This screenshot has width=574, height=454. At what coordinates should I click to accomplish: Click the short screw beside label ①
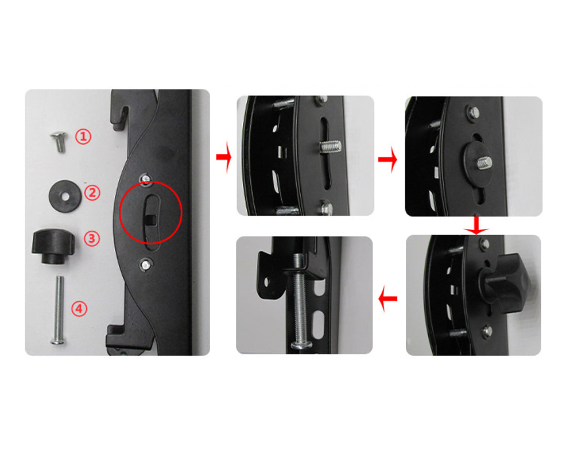tap(59, 142)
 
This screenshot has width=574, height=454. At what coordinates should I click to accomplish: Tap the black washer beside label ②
tap(64, 195)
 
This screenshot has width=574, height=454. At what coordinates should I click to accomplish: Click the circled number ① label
tap(83, 137)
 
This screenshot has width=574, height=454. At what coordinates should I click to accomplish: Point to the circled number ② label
tap(92, 193)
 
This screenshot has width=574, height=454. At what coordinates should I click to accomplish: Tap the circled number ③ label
tap(91, 238)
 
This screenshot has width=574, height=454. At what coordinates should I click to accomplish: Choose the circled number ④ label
tap(79, 309)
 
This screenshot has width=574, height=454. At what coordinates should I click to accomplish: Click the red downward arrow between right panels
tap(476, 226)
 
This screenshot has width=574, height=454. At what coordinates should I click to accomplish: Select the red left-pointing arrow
tap(387, 299)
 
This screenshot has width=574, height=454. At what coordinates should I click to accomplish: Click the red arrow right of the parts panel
tap(224, 157)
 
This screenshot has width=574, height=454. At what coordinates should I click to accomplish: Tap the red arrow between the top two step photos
tap(387, 159)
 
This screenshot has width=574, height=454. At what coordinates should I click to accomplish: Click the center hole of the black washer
tap(65, 197)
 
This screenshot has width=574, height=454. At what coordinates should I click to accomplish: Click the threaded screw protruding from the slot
tap(330, 146)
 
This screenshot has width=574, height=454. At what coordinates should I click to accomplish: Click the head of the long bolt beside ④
tap(59, 342)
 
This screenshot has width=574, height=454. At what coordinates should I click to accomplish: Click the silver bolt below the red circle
tap(146, 263)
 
